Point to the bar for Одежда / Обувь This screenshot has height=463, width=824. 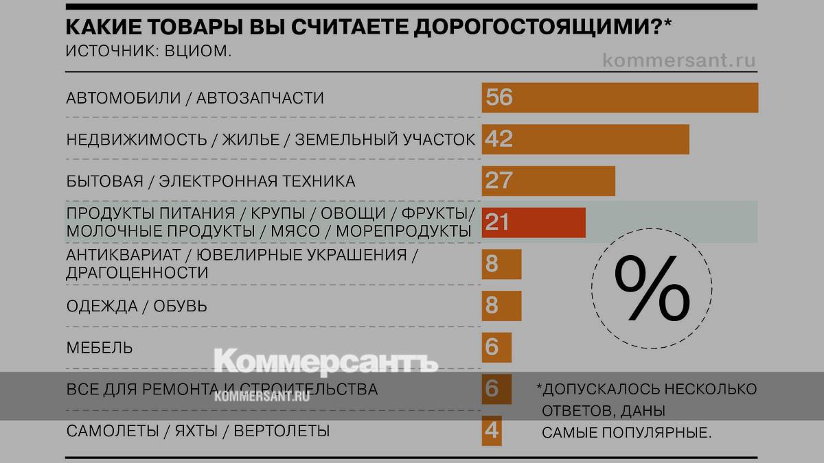[502, 305]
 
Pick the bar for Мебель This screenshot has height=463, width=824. [496, 347]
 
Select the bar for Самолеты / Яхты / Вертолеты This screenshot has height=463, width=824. [492, 431]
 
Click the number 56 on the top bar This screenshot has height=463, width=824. [499, 97]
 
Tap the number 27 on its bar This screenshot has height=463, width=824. [499, 181]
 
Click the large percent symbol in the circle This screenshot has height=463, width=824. [652, 289]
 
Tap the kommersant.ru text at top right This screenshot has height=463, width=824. [678, 60]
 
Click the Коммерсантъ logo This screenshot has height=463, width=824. [326, 361]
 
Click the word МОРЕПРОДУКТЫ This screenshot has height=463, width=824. [403, 231]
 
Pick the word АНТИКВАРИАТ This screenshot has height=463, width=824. [123, 255]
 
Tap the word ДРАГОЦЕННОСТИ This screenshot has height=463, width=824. [137, 272]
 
